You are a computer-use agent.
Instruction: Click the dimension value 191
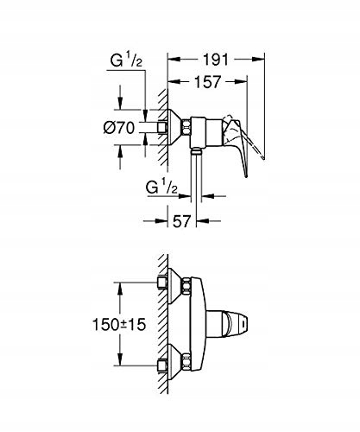[216, 60]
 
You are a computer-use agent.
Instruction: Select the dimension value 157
[208, 82]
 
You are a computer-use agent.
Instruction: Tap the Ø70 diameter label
[119, 127]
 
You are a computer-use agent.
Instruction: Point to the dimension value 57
[182, 221]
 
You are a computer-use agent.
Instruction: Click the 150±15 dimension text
[119, 325]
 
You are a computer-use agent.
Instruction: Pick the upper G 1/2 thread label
[127, 60]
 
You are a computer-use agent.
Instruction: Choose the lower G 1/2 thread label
[161, 187]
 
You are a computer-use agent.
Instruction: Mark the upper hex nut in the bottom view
[186, 287]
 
